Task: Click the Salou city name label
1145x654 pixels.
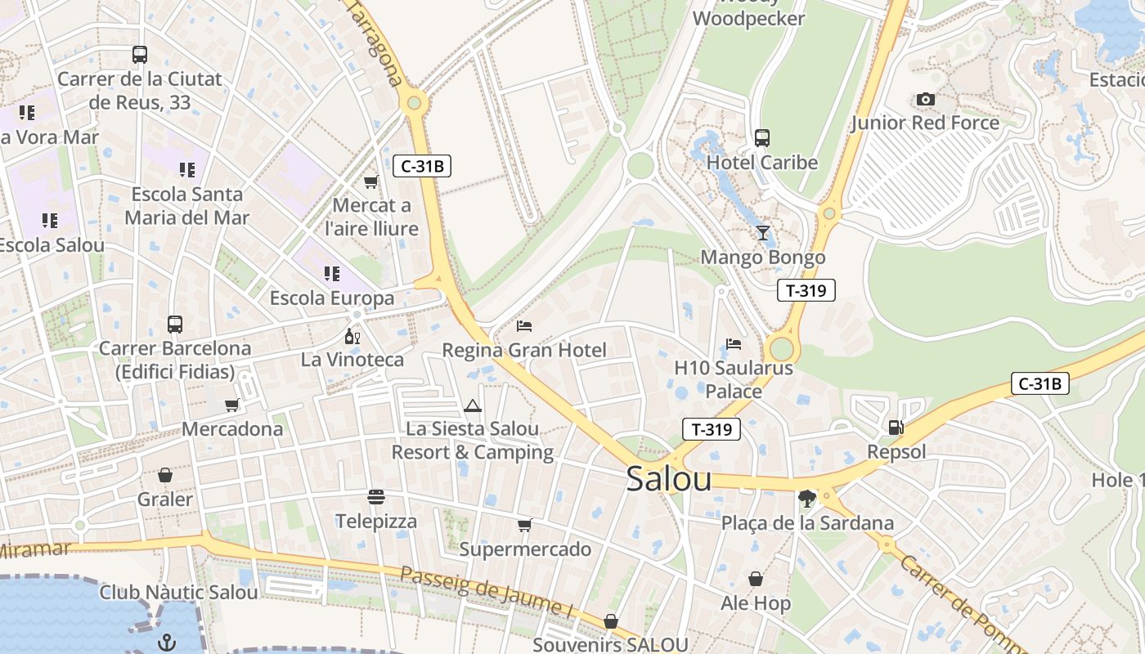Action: (668, 480)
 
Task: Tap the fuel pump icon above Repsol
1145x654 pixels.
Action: (896, 427)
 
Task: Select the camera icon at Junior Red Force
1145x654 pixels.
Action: (925, 100)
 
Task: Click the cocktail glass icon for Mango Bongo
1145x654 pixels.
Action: (763, 233)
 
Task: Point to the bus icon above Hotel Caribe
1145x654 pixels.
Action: (762, 138)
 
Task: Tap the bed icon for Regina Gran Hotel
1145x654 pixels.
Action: (524, 326)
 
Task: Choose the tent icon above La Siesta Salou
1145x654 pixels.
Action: (473, 405)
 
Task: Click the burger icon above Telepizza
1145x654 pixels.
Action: (376, 497)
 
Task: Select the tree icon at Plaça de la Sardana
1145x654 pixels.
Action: (807, 499)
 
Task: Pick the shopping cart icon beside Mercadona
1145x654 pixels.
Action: (232, 405)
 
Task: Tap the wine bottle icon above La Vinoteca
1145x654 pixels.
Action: (352, 336)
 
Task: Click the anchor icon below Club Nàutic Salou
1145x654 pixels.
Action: (167, 642)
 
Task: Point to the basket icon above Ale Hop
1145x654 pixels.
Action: (756, 579)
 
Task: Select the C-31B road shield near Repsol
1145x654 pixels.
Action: (1039, 383)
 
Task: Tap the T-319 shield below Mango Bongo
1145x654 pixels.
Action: (806, 290)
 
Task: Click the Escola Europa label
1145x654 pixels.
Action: (332, 298)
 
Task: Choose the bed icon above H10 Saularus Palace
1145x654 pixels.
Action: (734, 344)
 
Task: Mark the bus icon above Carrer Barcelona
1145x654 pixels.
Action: (175, 325)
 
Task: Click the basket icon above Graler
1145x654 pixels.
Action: (165, 475)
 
